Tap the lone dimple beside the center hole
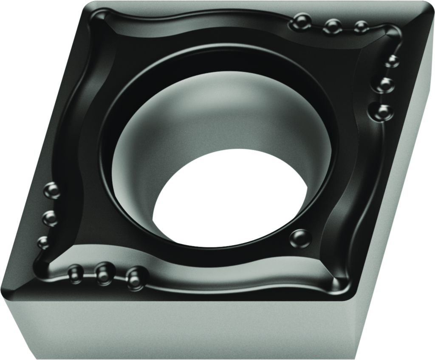pos(300,238)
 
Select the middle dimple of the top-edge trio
pos(333,26)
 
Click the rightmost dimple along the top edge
pos(361,27)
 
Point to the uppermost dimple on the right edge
pos(392,61)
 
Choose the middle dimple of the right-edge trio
pos(385,85)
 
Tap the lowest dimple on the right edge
pos(383,111)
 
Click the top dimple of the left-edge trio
pos(52,190)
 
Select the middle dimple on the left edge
pos(50,218)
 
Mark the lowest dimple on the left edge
pos(43,243)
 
